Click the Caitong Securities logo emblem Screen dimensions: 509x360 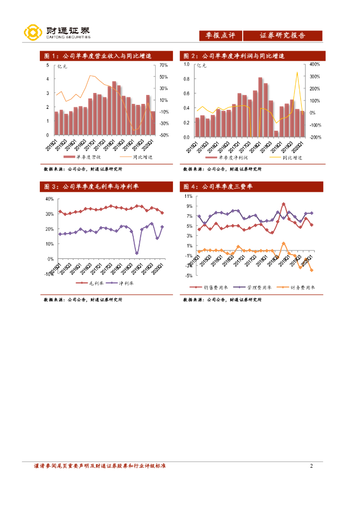pyautogui.click(x=32, y=33)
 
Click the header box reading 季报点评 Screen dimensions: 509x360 pyautogui.click(x=220, y=36)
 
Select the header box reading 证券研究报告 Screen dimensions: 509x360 pyautogui.click(x=282, y=36)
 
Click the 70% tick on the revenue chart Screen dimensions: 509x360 pyautogui.click(x=164, y=65)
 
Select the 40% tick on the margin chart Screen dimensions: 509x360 pyautogui.click(x=49, y=199)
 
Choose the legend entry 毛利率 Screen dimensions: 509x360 pyautogui.click(x=93, y=283)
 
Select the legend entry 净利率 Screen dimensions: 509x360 pyautogui.click(x=125, y=283)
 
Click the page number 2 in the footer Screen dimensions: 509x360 pyautogui.click(x=311, y=466)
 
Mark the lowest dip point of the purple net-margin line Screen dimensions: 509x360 pyautogui.click(x=137, y=253)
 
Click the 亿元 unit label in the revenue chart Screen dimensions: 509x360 pyautogui.click(x=63, y=66)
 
